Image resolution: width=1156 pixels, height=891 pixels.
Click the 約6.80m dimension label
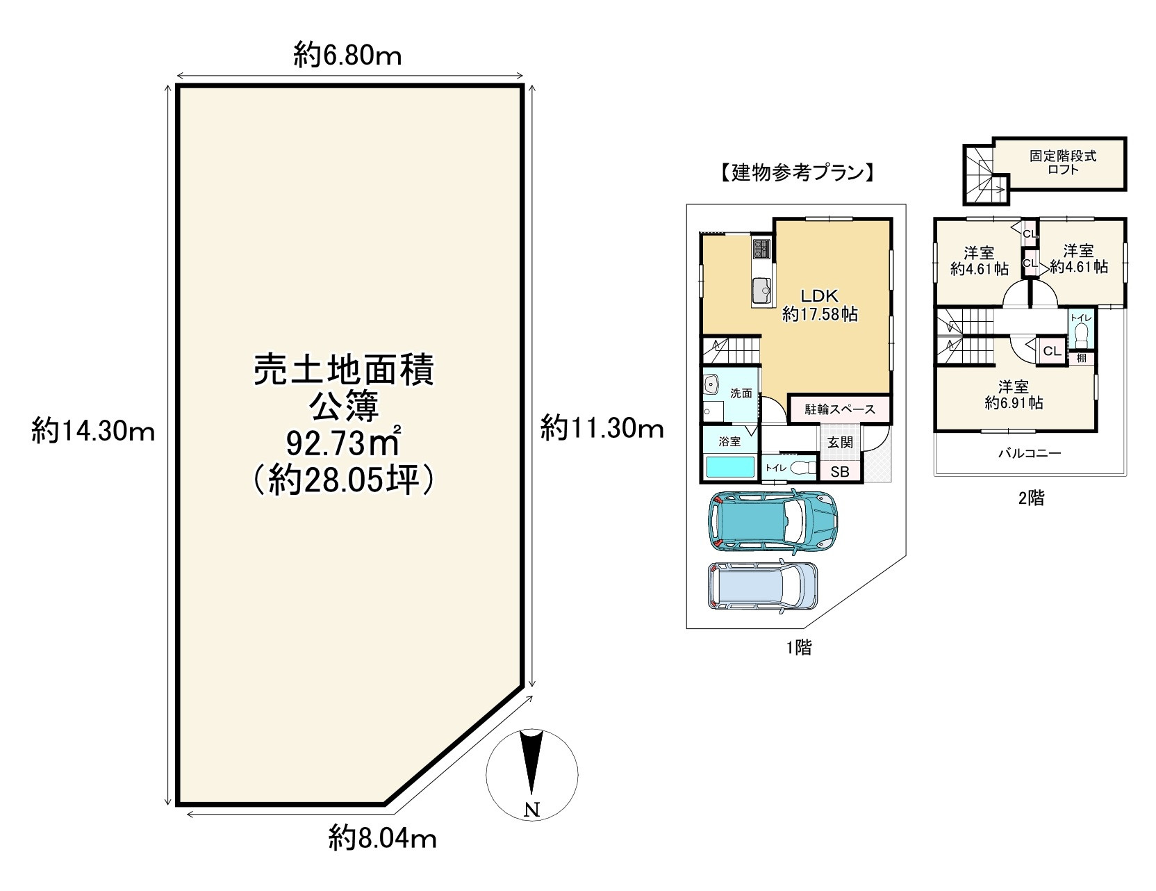tap(347, 54)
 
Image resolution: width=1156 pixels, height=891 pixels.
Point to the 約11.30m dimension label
tap(602, 429)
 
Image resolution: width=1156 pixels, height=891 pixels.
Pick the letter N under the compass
tap(531, 808)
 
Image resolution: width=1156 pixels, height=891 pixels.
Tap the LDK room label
tap(820, 295)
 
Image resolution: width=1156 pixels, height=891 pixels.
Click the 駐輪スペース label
tap(840, 409)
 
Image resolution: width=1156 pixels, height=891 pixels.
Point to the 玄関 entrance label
tap(840, 441)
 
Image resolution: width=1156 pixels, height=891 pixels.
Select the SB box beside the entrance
tap(840, 471)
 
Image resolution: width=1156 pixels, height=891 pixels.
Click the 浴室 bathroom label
tap(729, 441)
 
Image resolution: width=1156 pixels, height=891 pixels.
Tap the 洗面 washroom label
tap(741, 393)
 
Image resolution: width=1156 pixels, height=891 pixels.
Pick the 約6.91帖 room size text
tap(1014, 402)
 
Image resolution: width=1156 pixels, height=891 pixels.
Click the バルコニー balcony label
tap(1030, 453)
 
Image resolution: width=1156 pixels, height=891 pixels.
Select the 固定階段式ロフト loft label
tap(1063, 163)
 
